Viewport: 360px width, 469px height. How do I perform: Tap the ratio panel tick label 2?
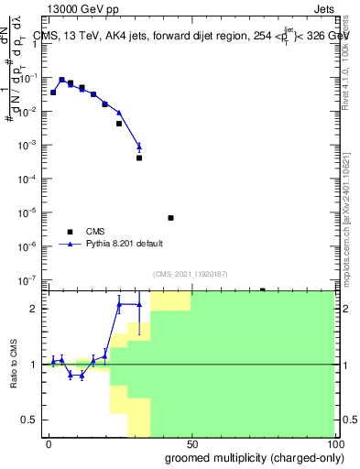coord(36,309)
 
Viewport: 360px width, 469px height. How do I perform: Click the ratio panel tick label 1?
coord(36,365)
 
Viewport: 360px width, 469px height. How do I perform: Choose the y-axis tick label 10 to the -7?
coord(29,279)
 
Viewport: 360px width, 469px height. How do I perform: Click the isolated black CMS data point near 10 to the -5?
coord(170,218)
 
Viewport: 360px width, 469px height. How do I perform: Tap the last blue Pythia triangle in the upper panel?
coord(139,147)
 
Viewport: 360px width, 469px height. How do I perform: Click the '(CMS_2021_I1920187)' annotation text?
coord(190,274)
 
